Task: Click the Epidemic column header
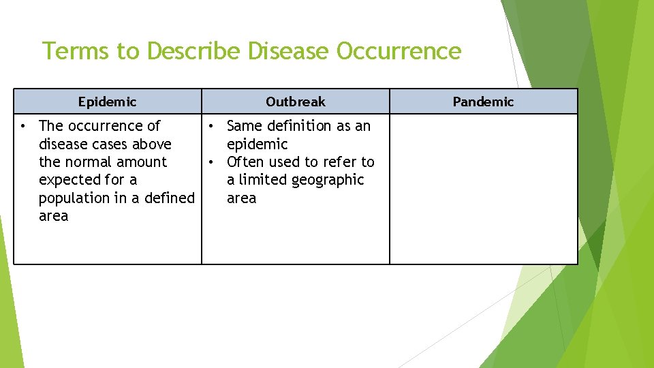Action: click(x=107, y=102)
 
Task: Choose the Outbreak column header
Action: click(x=296, y=102)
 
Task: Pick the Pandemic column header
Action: click(x=483, y=102)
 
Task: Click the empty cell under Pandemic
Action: click(x=483, y=188)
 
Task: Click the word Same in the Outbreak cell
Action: click(x=244, y=126)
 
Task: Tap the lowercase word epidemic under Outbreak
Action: click(x=257, y=144)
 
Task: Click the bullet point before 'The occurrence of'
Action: click(x=23, y=126)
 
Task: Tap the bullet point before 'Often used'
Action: click(x=212, y=162)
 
